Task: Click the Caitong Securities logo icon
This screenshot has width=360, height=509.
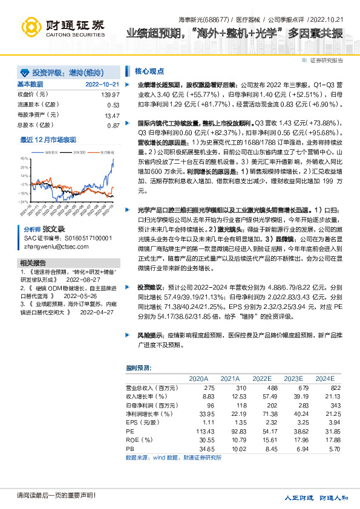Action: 31,27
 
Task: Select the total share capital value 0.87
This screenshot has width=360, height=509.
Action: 113,125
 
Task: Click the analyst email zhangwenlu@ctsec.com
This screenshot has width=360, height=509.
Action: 57,247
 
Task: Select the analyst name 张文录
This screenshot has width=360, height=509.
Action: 53,230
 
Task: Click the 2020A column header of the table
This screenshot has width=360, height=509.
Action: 198,378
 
